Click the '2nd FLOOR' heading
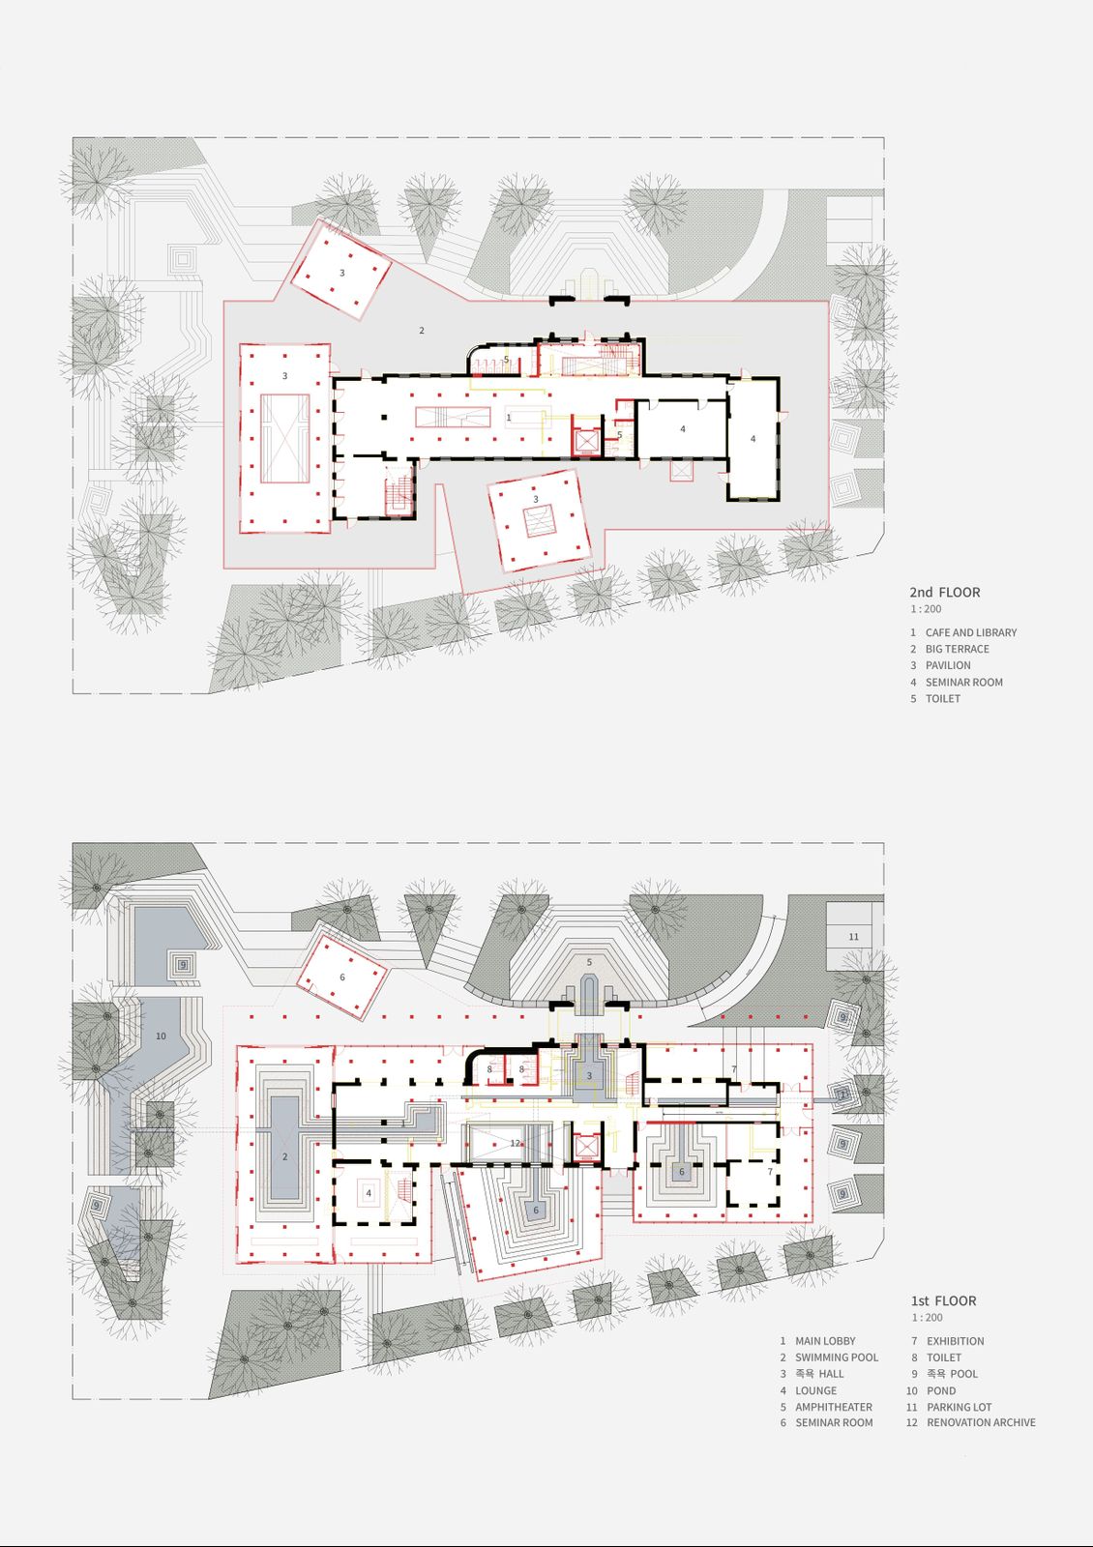pos(944,592)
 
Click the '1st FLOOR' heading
pos(944,1300)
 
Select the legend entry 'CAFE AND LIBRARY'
pos(971,632)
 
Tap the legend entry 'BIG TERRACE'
pos(957,649)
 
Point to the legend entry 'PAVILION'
pos(948,665)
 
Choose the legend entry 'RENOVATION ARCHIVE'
pos(981,1422)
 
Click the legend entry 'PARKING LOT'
pos(959,1407)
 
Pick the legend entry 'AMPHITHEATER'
pos(833,1407)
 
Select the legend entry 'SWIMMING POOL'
pos(837,1357)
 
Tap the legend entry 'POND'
pos(941,1390)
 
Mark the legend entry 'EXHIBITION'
pos(956,1340)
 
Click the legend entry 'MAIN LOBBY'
pos(825,1340)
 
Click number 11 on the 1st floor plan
pos(853,937)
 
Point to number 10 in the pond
pos(161,1036)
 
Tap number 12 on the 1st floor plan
pos(515,1143)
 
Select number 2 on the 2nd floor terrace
pos(422,330)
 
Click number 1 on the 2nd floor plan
pos(509,417)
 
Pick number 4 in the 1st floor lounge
pos(369,1193)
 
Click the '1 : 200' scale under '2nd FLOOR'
pos(925,608)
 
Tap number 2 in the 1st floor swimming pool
pos(284,1156)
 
